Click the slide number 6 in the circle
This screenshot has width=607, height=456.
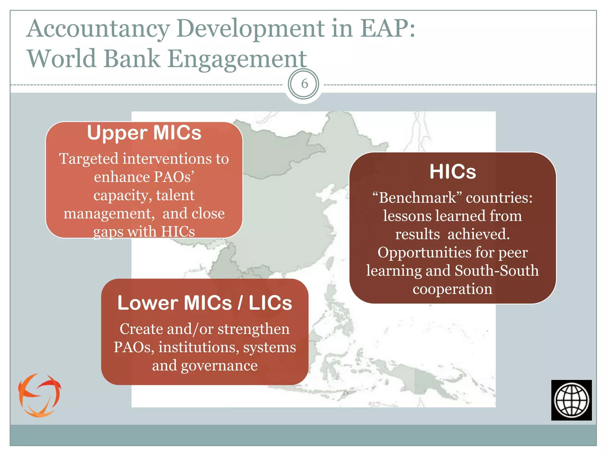coord(304,84)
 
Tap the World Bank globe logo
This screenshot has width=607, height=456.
coord(571,400)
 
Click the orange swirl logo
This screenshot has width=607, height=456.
coord(39,395)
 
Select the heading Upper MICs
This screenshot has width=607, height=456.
coord(144,133)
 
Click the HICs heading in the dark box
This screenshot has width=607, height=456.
coord(453,172)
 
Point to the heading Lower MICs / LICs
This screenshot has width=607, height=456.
coord(205,303)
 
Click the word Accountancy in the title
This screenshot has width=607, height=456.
coord(98,29)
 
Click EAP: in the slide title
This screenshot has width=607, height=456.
coord(388,29)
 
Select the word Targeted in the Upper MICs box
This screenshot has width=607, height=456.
coord(89,159)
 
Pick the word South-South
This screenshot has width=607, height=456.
coord(496,271)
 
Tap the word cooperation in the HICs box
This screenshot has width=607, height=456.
coord(452,289)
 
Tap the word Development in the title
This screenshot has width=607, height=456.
coord(251,29)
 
